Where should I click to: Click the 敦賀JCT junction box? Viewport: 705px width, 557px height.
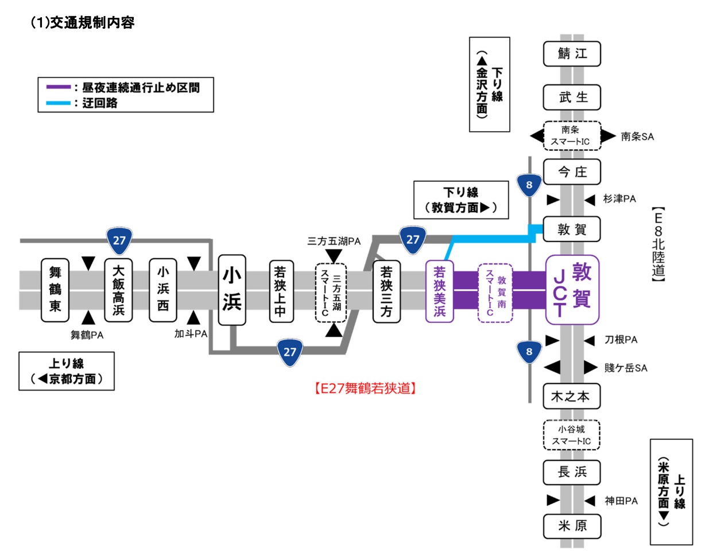(x=572, y=290)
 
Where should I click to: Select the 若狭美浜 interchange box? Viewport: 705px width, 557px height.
(x=439, y=291)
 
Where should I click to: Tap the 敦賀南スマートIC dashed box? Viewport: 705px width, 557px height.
(x=494, y=293)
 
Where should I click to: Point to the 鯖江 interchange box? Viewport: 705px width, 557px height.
(x=572, y=54)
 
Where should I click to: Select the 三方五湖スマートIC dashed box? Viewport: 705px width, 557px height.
(x=332, y=293)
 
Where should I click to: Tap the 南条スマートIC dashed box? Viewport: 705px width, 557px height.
(x=572, y=136)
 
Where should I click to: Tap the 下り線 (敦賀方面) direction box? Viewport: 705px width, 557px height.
(x=461, y=200)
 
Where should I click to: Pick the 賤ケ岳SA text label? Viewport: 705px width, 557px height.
(x=625, y=368)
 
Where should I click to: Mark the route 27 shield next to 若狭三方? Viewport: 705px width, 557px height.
(x=413, y=239)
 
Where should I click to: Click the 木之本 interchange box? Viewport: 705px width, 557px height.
(x=572, y=396)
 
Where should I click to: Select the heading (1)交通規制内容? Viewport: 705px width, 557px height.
(x=82, y=23)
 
